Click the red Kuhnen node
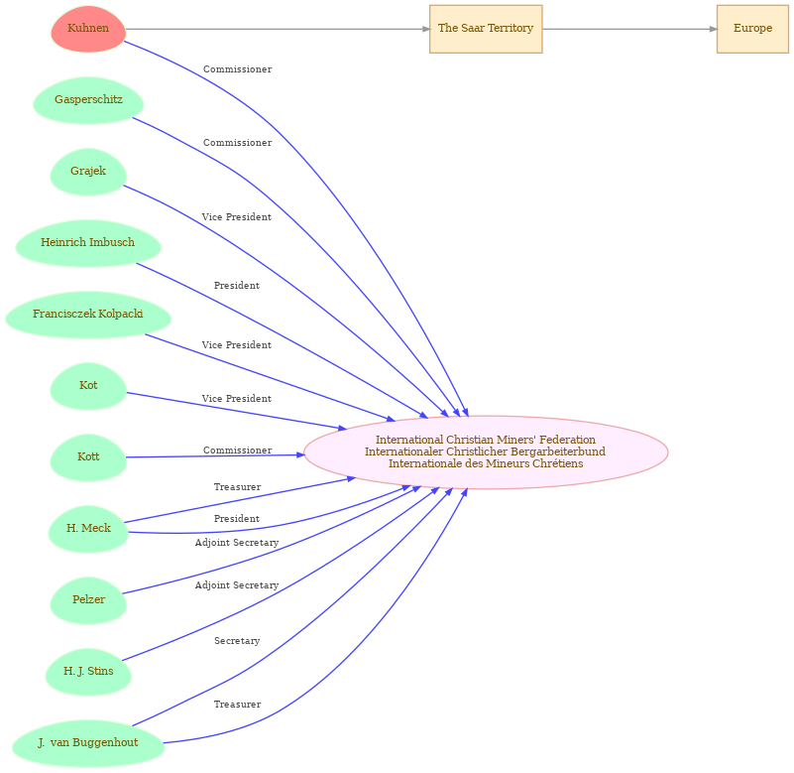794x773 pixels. pyautogui.click(x=88, y=29)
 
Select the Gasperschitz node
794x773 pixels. pyautogui.click(x=88, y=100)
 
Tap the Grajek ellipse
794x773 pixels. pyautogui.click(x=88, y=172)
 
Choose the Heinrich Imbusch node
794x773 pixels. pyautogui.click(x=88, y=243)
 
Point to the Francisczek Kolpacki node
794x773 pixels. pyautogui.click(x=88, y=315)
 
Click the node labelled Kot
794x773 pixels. pyautogui.click(x=88, y=386)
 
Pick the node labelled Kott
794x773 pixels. pyautogui.click(x=88, y=457)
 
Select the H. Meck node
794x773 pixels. pyautogui.click(x=88, y=529)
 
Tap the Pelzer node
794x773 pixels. pyautogui.click(x=88, y=600)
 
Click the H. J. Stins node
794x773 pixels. pyautogui.click(x=88, y=672)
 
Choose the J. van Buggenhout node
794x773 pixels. pyautogui.click(x=88, y=743)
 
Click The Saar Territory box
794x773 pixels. pyautogui.click(x=486, y=29)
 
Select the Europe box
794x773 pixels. pyautogui.click(x=752, y=29)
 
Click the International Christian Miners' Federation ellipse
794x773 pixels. pyautogui.click(x=486, y=452)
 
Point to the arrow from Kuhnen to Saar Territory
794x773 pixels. pyautogui.click(x=278, y=29)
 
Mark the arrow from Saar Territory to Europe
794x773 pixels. pyautogui.click(x=629, y=29)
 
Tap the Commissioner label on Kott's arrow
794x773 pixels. pyautogui.click(x=238, y=451)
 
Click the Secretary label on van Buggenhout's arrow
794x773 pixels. pyautogui.click(x=237, y=641)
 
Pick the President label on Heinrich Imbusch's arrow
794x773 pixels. pyautogui.click(x=237, y=286)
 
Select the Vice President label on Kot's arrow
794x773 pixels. pyautogui.click(x=237, y=399)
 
